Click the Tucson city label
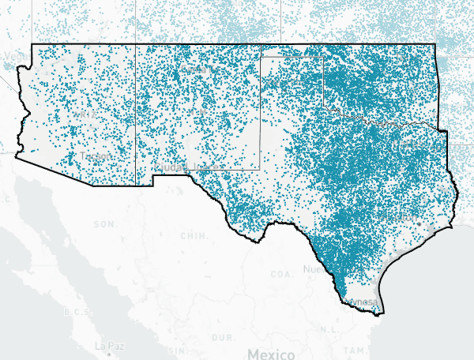96,157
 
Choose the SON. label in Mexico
104,224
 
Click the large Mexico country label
270,352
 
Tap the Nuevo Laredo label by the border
314,269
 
